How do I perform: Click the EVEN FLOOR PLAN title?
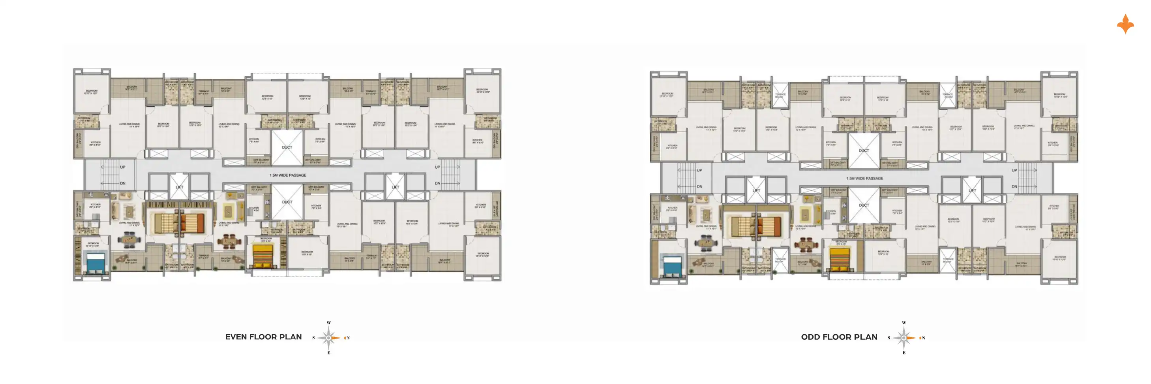pyautogui.click(x=263, y=337)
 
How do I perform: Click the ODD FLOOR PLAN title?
pyautogui.click(x=839, y=337)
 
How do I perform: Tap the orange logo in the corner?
pyautogui.click(x=1125, y=24)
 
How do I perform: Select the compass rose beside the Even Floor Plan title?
pyautogui.click(x=329, y=338)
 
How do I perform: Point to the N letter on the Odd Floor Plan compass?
pyautogui.click(x=923, y=338)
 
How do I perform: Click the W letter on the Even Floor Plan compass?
pyautogui.click(x=329, y=323)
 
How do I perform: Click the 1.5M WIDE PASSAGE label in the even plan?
pyautogui.click(x=288, y=175)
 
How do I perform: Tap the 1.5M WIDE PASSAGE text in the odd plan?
pyautogui.click(x=864, y=178)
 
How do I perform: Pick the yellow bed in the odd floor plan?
pyautogui.click(x=840, y=260)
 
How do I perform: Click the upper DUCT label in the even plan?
pyautogui.click(x=287, y=147)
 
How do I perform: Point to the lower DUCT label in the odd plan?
pyautogui.click(x=864, y=205)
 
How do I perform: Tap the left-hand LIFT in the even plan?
pyautogui.click(x=179, y=187)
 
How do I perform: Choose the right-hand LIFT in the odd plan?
pyautogui.click(x=972, y=190)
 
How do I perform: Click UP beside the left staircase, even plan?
pyautogui.click(x=122, y=167)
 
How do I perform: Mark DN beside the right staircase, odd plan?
pyautogui.click(x=1014, y=186)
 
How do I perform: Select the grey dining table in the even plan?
pyautogui.click(x=130, y=241)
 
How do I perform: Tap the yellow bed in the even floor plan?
pyautogui.click(x=263, y=256)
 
